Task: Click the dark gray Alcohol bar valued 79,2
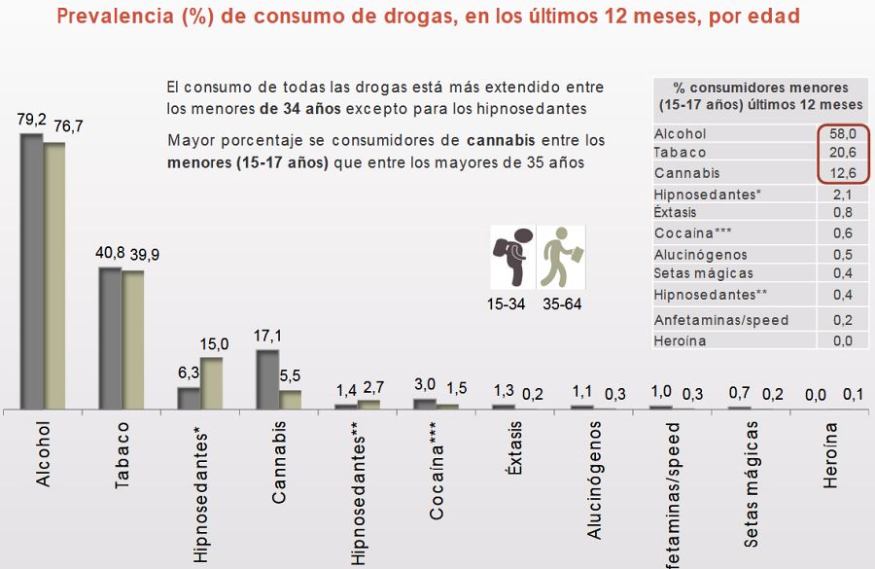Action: click(31, 272)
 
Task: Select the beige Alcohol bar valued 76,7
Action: click(54, 277)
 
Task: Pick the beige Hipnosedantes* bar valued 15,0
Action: click(211, 383)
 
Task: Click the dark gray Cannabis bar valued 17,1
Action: click(267, 379)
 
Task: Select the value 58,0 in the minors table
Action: click(842, 133)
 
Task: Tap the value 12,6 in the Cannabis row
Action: click(842, 173)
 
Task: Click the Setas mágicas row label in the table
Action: click(703, 273)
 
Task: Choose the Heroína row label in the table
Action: click(681, 340)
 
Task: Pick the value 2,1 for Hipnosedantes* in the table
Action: click(842, 195)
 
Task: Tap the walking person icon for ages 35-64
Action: click(561, 256)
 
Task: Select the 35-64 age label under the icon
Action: click(561, 304)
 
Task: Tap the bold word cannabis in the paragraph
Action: click(503, 141)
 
